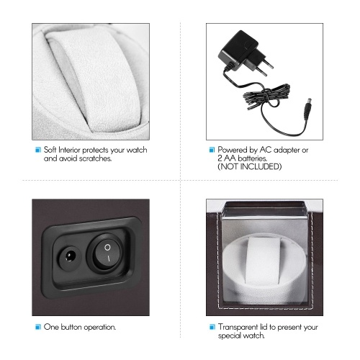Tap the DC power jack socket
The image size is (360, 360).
69,258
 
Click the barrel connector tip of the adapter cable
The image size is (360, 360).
307,109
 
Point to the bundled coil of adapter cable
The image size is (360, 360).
266,96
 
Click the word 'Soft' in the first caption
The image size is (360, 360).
50,150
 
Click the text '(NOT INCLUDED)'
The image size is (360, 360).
250,166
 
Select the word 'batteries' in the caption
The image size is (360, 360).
253,158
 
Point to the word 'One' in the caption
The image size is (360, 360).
51,327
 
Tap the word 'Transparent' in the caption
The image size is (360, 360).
238,327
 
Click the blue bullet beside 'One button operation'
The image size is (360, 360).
38,327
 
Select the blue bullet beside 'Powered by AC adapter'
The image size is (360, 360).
212,150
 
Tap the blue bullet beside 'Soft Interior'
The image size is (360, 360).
38,150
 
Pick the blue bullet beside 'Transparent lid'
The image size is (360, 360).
212,327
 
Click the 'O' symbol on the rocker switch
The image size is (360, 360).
107,247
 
